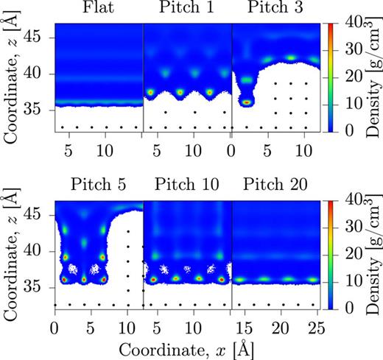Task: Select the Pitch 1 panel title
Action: click(187, 10)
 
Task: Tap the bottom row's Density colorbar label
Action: click(369, 253)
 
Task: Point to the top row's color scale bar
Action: click(326, 77)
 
